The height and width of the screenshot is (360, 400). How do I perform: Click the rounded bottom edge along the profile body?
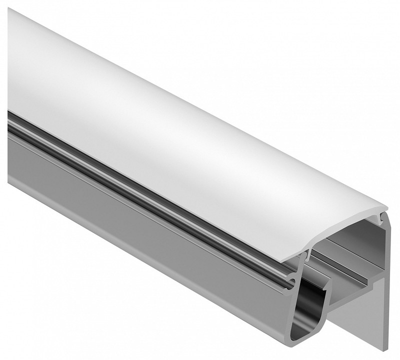[150, 250]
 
